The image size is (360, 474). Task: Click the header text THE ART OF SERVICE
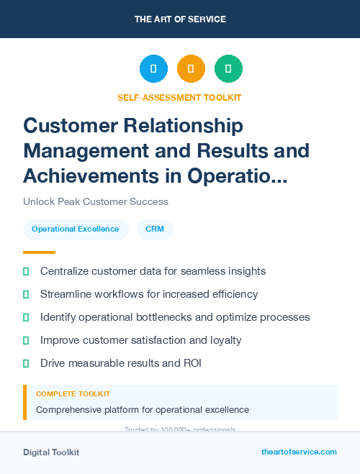coord(180,19)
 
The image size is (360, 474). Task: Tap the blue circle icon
coord(153,69)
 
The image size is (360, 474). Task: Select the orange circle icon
coord(191,69)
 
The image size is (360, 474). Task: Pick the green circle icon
coord(228,69)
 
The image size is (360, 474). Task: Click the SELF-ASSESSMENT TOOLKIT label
coord(179,97)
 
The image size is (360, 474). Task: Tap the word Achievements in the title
coord(94,176)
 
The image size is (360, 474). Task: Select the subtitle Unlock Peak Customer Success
coord(96,202)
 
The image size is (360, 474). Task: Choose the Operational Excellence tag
coord(76,229)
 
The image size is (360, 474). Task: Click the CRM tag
coord(154,229)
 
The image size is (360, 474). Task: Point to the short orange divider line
coord(39,252)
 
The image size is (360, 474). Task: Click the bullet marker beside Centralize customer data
coord(26,272)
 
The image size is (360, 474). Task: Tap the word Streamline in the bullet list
coord(67,294)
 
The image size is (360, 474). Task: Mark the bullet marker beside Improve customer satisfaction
coord(26,340)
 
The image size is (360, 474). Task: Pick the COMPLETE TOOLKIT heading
coord(73,394)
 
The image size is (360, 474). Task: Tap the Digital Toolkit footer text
coord(51,452)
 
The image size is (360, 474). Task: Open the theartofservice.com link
coord(299,452)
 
